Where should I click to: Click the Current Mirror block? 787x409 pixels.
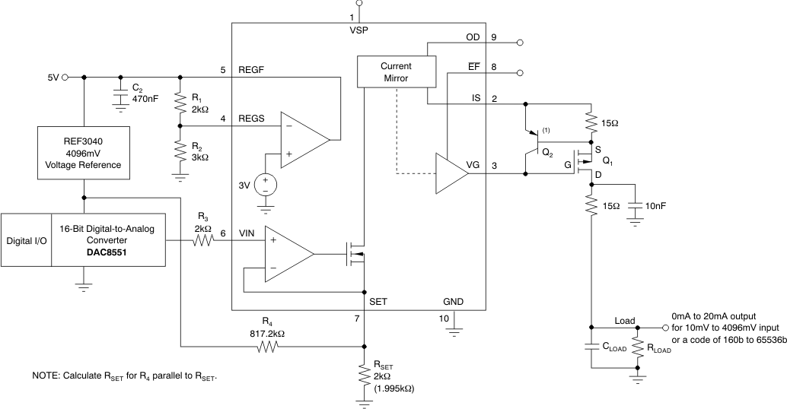[x=396, y=72]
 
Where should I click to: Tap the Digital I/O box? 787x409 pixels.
[x=26, y=240]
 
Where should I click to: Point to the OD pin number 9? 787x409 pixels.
[x=494, y=37]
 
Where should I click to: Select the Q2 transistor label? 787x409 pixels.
[x=547, y=151]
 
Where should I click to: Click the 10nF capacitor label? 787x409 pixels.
[x=655, y=205]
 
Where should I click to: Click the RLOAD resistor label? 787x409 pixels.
[x=660, y=350]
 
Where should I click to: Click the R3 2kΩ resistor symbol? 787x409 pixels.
[x=202, y=241]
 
